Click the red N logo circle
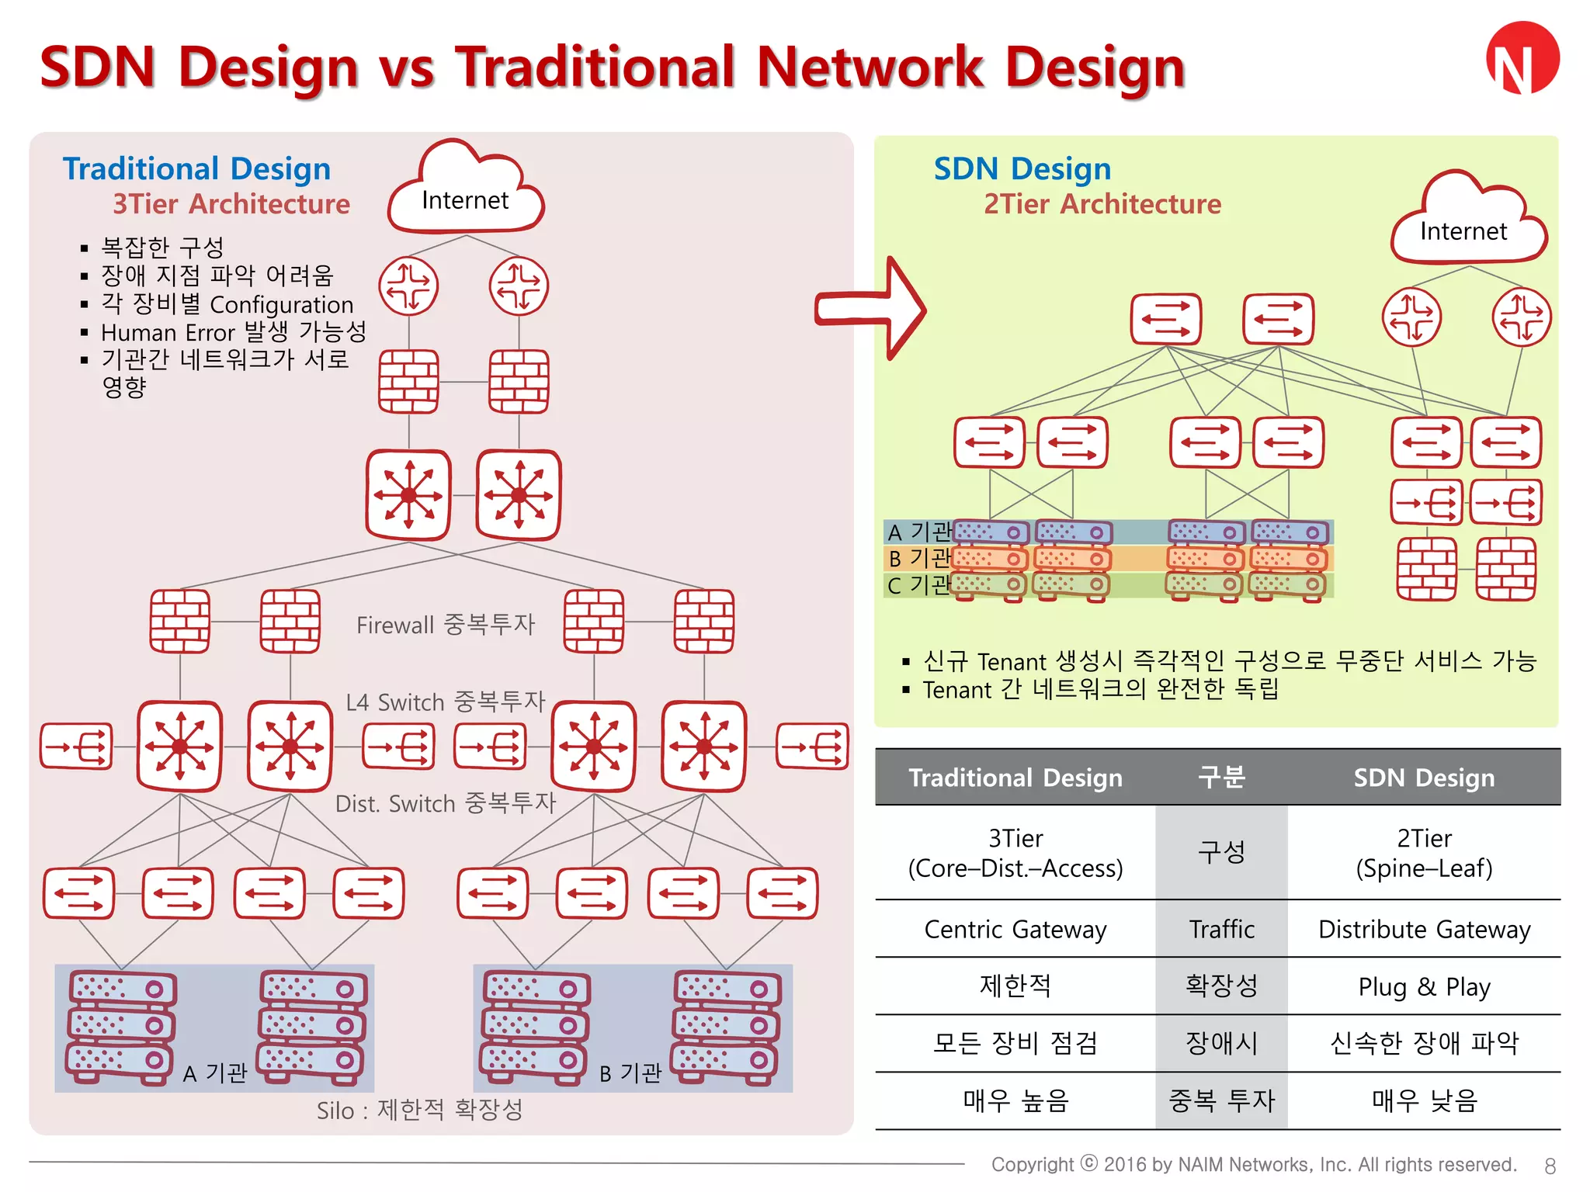click(1522, 59)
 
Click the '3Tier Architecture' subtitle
click(231, 204)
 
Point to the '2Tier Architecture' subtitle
click(1102, 204)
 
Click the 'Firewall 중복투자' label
click(446, 625)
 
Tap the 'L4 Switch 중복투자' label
click(446, 702)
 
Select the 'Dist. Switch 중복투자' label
click(446, 803)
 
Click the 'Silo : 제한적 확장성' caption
click(419, 1110)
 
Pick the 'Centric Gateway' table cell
click(1015, 929)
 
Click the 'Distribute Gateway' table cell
click(1424, 929)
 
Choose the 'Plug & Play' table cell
click(1424, 986)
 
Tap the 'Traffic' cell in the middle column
click(1221, 929)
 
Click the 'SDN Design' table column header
click(1424, 778)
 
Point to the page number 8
click(1550, 1166)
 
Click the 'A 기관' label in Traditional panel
click(215, 1072)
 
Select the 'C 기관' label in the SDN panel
click(918, 584)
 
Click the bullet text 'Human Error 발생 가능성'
click(234, 332)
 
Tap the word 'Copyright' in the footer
click(1033, 1164)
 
